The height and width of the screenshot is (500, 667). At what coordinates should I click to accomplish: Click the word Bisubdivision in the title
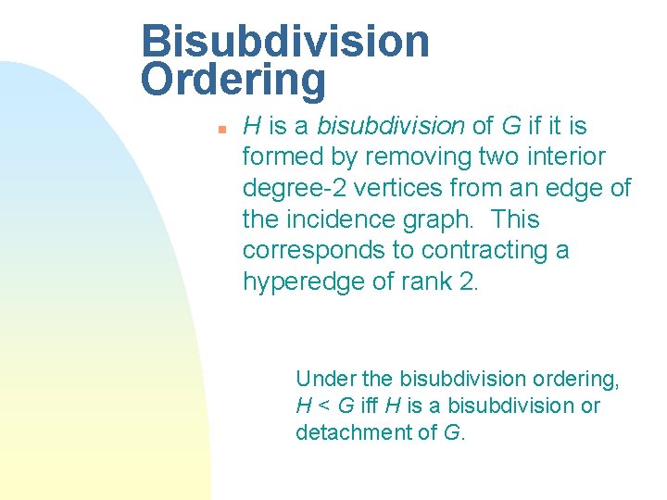coord(285,42)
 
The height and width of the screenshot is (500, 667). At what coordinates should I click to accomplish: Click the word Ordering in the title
coord(233,81)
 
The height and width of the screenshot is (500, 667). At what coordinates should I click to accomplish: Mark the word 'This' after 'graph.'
coord(516,219)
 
